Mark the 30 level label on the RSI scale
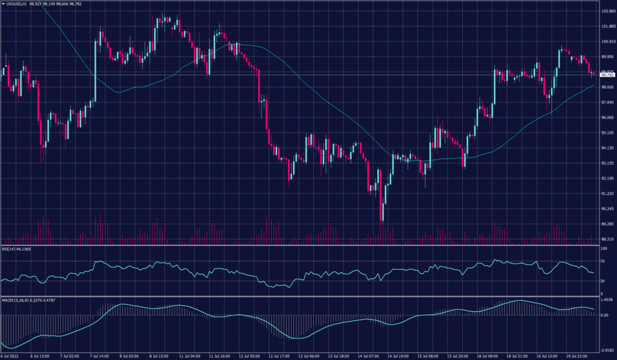tap(602, 281)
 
